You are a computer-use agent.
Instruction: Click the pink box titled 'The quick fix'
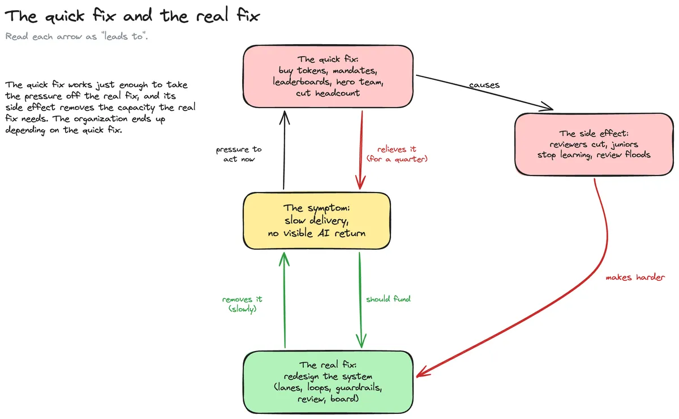click(328, 76)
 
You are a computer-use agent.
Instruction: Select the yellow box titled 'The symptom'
click(317, 221)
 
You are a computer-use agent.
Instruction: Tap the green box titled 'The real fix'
click(328, 382)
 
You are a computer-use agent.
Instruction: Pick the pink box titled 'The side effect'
click(594, 144)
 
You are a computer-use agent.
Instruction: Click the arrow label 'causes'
click(484, 85)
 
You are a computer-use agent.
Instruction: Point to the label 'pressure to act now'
click(239, 154)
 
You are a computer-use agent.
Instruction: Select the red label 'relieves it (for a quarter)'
click(397, 154)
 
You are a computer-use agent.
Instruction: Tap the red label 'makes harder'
click(635, 277)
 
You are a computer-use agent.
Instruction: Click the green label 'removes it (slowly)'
click(242, 304)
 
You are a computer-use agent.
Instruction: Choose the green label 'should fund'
click(388, 299)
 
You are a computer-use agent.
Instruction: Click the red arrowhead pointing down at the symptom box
click(360, 183)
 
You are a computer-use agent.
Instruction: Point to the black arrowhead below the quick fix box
click(284, 117)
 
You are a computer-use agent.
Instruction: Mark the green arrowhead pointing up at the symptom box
click(284, 259)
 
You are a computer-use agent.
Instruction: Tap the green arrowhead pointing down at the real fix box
click(361, 341)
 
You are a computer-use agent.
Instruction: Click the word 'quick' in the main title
click(65, 16)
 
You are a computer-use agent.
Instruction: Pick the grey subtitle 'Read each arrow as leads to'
click(76, 37)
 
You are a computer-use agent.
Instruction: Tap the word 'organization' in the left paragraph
click(100, 119)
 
